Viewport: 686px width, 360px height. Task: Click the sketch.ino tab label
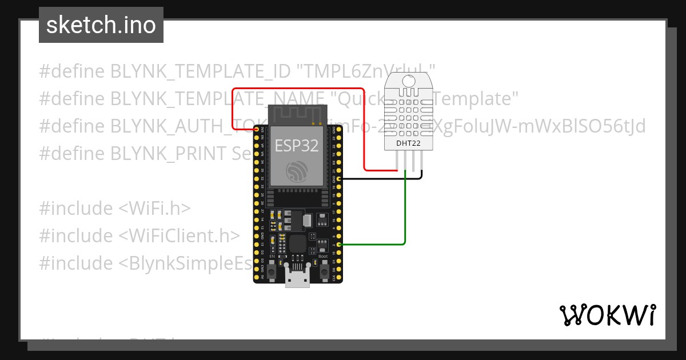[x=101, y=25]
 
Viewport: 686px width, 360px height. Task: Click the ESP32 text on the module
[x=297, y=146]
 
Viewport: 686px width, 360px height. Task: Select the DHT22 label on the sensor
[x=409, y=143]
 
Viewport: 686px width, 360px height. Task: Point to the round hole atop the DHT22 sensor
[x=409, y=82]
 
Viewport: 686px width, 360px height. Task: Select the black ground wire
[x=383, y=179]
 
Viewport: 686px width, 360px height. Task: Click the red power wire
[x=297, y=89]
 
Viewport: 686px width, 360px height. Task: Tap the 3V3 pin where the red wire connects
[x=257, y=130]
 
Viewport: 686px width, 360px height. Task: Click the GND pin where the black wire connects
[x=339, y=179]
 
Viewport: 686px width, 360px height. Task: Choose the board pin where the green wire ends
[x=339, y=245]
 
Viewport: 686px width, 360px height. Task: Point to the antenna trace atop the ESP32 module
[x=297, y=115]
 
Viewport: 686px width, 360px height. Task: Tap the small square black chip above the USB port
[x=297, y=243]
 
